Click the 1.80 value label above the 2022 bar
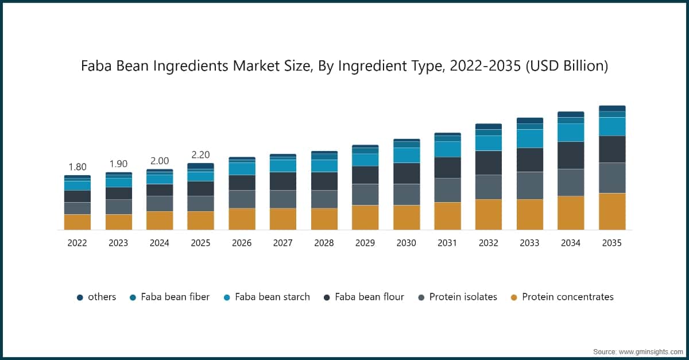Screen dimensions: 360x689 [78, 167]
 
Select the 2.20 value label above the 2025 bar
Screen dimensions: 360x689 [200, 155]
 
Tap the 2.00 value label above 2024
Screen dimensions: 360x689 [160, 161]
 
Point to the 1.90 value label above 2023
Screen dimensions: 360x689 [118, 164]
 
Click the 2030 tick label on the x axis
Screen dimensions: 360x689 [406, 243]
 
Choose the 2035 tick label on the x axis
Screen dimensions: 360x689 [612, 243]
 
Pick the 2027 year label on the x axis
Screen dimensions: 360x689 [282, 243]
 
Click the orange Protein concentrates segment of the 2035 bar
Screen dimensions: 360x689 [612, 211]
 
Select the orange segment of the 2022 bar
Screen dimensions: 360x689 [78, 222]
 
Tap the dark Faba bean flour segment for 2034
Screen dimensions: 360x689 [571, 155]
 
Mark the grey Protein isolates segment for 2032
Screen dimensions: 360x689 [489, 187]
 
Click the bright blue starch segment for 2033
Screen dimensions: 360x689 [529, 138]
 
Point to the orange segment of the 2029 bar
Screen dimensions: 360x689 [365, 217]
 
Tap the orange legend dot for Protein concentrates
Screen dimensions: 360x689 [514, 297]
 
